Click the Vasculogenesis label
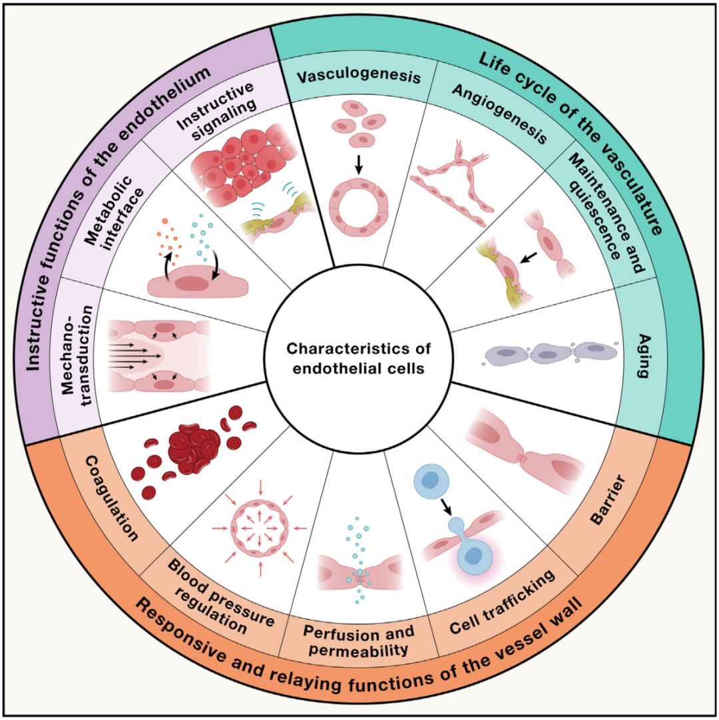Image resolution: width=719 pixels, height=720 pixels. point(359,77)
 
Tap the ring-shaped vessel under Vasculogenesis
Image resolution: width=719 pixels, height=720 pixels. point(359,206)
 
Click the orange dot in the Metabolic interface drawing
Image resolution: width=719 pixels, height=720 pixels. point(164,220)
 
